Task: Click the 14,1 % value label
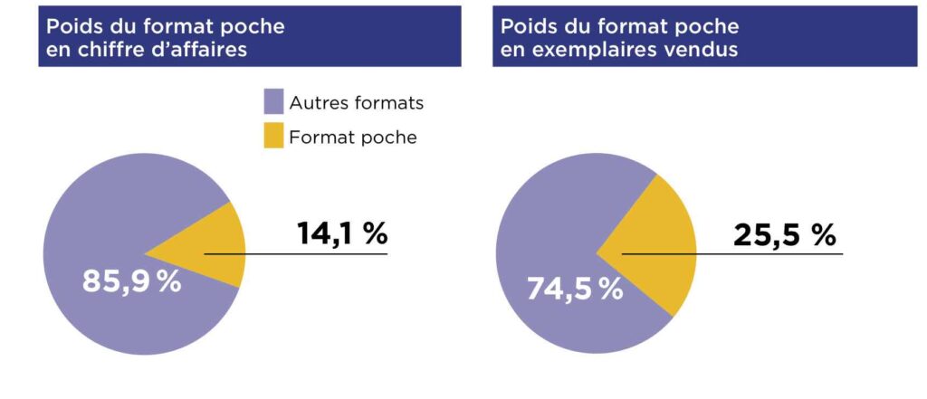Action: point(342,233)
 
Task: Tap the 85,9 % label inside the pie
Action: point(132,281)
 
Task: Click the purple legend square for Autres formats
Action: point(273,102)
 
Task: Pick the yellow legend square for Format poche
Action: point(273,137)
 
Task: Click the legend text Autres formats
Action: point(356,102)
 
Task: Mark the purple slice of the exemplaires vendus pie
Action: point(561,217)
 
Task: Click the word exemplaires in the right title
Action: point(587,50)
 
